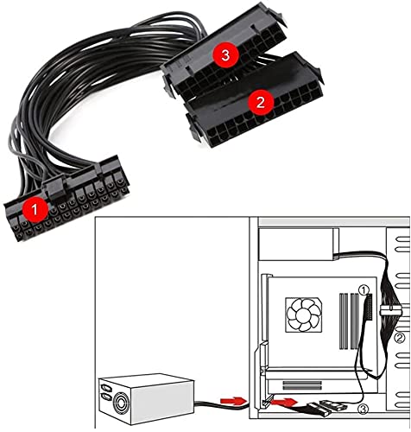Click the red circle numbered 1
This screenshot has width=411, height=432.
[x=35, y=210]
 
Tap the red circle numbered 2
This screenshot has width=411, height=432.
[x=260, y=102]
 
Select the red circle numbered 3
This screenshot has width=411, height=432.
[x=225, y=55]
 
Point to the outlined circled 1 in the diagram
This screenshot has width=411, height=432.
[x=364, y=290]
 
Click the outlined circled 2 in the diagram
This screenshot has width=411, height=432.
[x=400, y=338]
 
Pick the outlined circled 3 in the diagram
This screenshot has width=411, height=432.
[x=364, y=409]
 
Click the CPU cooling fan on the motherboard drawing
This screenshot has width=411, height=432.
[x=304, y=314]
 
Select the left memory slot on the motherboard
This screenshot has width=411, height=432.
[x=343, y=321]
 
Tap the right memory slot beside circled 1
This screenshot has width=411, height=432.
[x=355, y=321]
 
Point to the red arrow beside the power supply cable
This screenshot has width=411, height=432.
[x=233, y=400]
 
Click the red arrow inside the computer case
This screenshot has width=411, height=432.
[x=285, y=402]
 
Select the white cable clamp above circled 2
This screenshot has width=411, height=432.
[x=390, y=311]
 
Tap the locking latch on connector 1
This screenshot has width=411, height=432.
[x=55, y=188]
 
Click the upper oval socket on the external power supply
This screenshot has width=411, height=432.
[x=106, y=387]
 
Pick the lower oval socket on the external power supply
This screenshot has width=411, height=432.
[x=106, y=397]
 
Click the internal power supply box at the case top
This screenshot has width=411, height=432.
[x=296, y=245]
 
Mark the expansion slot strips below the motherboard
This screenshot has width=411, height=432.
[x=302, y=385]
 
